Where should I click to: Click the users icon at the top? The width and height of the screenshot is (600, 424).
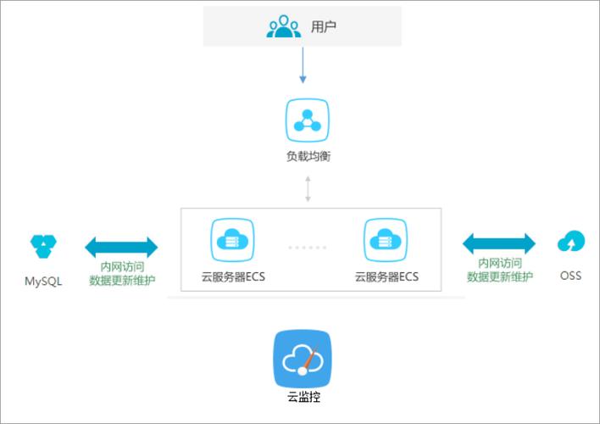pos(284,26)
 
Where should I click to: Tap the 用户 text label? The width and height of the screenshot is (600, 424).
pos(324,26)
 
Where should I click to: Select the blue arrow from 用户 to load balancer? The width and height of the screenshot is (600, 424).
pos(303,67)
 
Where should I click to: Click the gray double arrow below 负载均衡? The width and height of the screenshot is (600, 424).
pos(308,189)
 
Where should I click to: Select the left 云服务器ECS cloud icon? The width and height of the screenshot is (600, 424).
pos(232,241)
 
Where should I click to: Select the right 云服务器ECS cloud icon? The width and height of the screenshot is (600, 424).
pos(386,241)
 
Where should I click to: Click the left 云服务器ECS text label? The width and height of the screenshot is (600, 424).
pos(232,276)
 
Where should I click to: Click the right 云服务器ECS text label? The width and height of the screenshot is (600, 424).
pos(386,276)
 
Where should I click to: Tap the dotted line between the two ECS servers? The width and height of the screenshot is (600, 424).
pos(308,248)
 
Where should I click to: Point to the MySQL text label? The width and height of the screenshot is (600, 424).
pos(43,280)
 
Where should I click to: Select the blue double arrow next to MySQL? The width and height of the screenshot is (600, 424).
pos(122,248)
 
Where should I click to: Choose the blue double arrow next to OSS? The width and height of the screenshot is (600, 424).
pos(499,244)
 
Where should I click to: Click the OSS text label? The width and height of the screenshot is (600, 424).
pos(570,276)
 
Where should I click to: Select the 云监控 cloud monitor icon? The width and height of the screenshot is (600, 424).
pos(303,360)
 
